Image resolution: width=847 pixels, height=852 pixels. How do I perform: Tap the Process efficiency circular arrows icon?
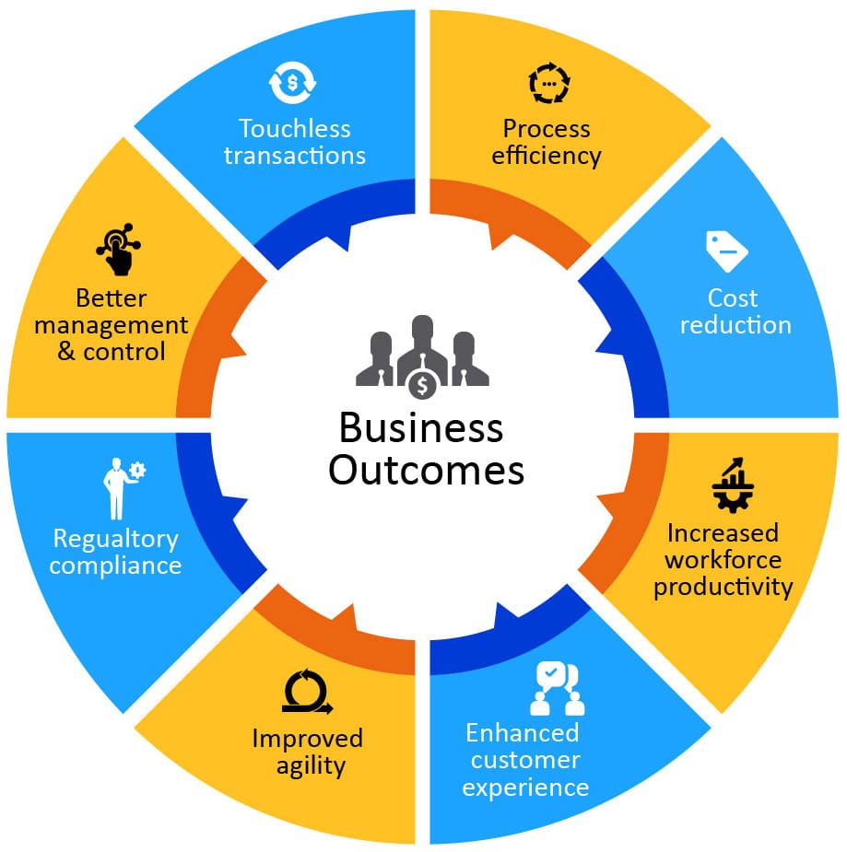[549, 84]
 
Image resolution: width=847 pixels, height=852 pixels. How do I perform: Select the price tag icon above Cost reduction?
[726, 250]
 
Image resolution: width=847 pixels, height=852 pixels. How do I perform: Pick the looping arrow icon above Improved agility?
[307, 692]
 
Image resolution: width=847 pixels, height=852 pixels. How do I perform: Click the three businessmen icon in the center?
[422, 351]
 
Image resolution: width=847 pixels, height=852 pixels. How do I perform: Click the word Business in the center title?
[420, 428]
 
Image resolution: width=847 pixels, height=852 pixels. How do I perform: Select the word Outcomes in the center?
[426, 471]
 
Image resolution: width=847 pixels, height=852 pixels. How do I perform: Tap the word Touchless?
[294, 128]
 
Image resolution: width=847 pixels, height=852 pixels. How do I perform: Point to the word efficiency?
[547, 155]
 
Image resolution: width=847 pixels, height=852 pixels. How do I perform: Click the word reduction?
[735, 325]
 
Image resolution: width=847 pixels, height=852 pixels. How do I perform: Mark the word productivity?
[723, 587]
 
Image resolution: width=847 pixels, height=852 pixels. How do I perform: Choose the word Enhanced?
[522, 733]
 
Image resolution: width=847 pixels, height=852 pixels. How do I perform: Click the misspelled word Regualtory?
[115, 538]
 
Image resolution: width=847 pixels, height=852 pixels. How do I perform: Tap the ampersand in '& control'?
[66, 352]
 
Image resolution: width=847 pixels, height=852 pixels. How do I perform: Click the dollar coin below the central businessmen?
[422, 380]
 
